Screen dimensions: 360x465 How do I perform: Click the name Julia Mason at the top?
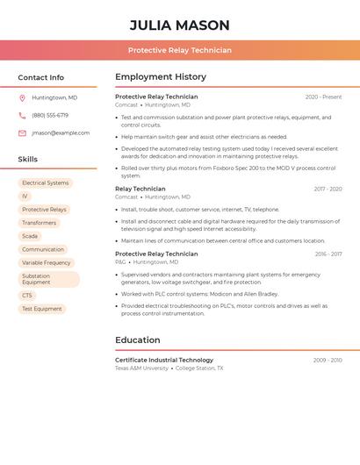tap(179, 25)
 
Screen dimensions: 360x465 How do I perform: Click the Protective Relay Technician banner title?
tap(179, 50)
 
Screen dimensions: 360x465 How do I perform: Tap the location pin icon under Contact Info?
tap(22, 97)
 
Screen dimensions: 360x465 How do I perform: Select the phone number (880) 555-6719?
tap(50, 115)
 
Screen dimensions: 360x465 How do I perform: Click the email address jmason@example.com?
tap(61, 132)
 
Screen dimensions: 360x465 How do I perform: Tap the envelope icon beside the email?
tap(22, 132)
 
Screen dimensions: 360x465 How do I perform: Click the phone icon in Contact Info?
tap(22, 115)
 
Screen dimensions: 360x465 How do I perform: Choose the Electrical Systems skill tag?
tap(46, 183)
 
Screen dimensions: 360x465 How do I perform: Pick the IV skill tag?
tap(25, 197)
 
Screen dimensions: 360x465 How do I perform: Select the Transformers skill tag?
tap(39, 223)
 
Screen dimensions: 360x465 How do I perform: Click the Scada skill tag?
tap(30, 236)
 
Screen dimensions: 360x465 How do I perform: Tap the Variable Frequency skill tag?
tap(46, 262)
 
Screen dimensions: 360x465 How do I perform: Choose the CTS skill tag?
tap(27, 296)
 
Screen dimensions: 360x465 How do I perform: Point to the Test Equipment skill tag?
tap(42, 309)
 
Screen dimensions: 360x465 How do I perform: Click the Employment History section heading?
tap(161, 77)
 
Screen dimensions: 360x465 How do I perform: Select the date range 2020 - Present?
tap(323, 97)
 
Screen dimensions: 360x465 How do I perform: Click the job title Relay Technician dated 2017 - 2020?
tap(140, 189)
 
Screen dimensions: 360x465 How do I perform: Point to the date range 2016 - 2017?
tap(328, 254)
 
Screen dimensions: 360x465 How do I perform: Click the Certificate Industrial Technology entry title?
tap(164, 360)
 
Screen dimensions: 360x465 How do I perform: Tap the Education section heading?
tap(138, 340)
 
